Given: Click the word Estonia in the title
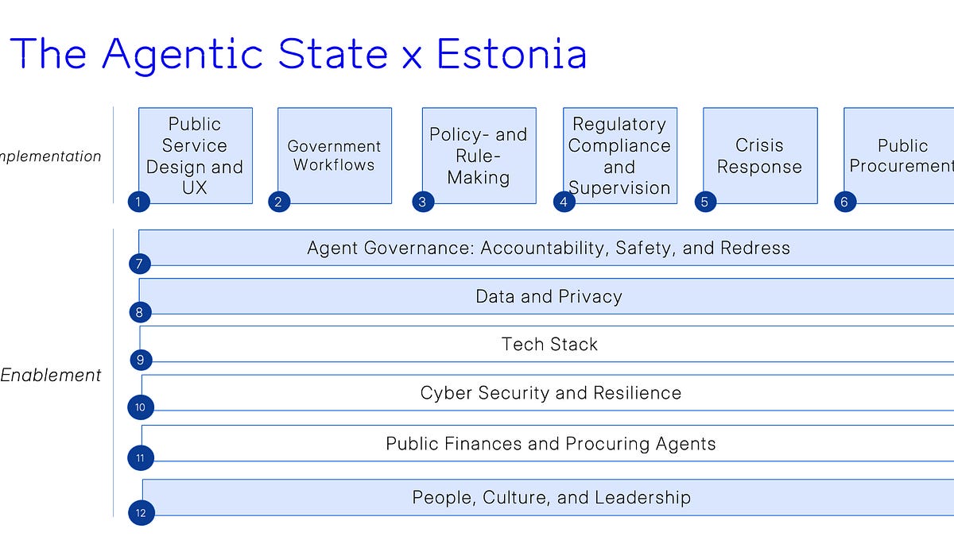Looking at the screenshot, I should point(512,54).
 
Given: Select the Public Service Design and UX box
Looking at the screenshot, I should point(195,155).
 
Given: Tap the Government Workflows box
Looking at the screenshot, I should point(334,155).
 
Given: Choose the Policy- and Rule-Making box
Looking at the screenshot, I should point(479,155).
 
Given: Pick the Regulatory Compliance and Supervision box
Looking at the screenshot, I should point(619,155).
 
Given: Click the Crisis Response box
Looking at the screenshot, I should point(759,155).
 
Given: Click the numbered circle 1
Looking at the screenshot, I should point(138,202).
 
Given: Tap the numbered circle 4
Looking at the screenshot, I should point(564,202).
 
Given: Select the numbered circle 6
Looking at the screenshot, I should point(843,202).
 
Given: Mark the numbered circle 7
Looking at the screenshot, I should point(139,263).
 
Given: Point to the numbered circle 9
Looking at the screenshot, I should point(140,361).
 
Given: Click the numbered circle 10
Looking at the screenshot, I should point(140,408).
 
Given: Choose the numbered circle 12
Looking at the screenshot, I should point(141,513).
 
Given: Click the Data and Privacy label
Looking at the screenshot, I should point(549,296).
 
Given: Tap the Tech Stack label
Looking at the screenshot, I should point(549,345).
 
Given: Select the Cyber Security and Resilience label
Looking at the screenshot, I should point(550,393).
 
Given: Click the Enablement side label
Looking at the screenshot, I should point(51,376).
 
